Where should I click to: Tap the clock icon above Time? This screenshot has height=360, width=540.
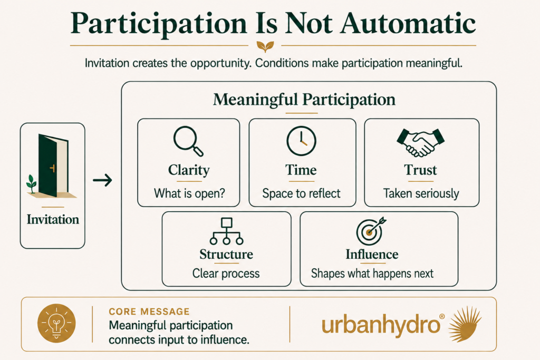click(301, 141)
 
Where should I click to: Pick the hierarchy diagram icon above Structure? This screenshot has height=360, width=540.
click(226, 231)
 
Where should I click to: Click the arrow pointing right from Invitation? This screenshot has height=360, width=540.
click(103, 180)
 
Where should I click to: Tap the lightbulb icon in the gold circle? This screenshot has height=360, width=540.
click(56, 323)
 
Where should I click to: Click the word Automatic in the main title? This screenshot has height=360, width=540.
click(408, 24)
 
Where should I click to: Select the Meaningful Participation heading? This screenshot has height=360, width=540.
click(304, 100)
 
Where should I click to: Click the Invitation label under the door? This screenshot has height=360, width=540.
click(53, 220)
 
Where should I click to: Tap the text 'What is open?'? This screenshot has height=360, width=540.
click(189, 193)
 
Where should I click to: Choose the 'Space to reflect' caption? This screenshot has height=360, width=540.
click(301, 193)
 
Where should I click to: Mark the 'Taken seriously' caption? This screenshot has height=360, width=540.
click(421, 193)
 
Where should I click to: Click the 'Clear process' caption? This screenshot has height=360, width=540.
click(226, 273)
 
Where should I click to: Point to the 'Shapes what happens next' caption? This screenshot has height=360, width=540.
click(372, 273)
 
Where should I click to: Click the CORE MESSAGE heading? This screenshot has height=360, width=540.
click(149, 312)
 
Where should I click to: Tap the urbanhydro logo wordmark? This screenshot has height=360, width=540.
click(381, 325)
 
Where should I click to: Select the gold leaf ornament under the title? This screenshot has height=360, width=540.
click(265, 46)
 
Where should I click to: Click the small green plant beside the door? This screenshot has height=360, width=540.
click(31, 184)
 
